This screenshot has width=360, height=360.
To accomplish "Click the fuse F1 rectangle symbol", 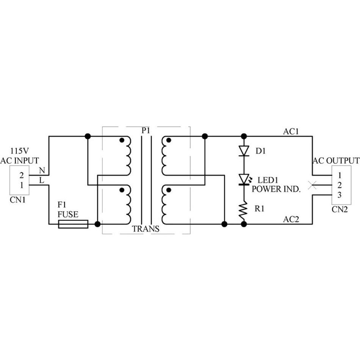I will click(73, 224).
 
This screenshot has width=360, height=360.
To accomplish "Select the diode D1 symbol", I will click(244, 151).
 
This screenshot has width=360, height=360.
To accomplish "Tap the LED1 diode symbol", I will click(244, 179).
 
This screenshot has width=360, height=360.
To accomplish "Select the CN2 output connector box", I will click(340, 185).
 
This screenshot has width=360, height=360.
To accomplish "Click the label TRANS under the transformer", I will click(146, 229).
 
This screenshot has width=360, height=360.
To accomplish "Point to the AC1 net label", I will click(291, 132).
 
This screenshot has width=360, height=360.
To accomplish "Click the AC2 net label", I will click(291, 219).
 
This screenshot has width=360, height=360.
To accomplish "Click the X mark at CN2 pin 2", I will click(312, 186).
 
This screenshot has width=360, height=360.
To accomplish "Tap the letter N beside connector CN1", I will click(42, 170).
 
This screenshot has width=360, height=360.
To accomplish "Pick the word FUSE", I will click(68, 214).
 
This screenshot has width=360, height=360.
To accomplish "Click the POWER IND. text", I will click(277, 189).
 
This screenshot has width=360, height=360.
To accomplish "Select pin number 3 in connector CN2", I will click(340, 195).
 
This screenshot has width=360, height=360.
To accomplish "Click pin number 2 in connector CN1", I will click(21, 175).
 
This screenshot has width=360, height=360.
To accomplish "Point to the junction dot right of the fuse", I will click(97, 224).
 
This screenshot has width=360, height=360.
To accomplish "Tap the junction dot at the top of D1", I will click(244, 136).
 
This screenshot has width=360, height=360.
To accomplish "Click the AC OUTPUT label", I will click(336, 160).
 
